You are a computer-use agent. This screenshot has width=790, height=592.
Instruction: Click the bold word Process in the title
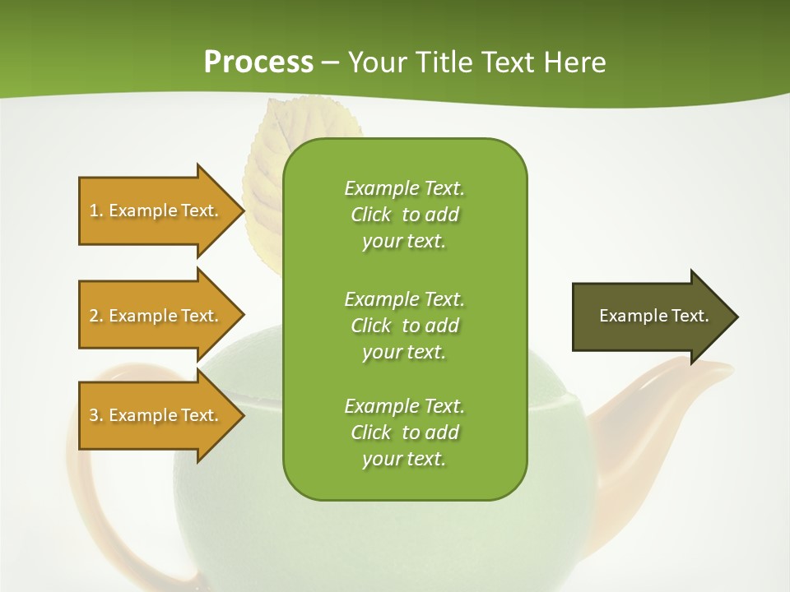click(x=258, y=62)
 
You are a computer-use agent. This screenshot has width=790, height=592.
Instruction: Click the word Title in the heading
click(x=443, y=62)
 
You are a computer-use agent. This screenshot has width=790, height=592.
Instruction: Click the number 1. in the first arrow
click(x=96, y=210)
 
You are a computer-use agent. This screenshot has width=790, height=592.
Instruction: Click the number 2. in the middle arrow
click(x=96, y=316)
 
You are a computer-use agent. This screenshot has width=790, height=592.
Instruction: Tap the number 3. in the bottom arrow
click(x=96, y=415)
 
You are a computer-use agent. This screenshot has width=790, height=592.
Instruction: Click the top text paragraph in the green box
click(x=404, y=215)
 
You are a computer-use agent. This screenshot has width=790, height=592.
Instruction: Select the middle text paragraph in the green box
click(x=404, y=326)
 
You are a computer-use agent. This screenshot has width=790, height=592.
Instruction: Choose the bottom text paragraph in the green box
click(x=404, y=432)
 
